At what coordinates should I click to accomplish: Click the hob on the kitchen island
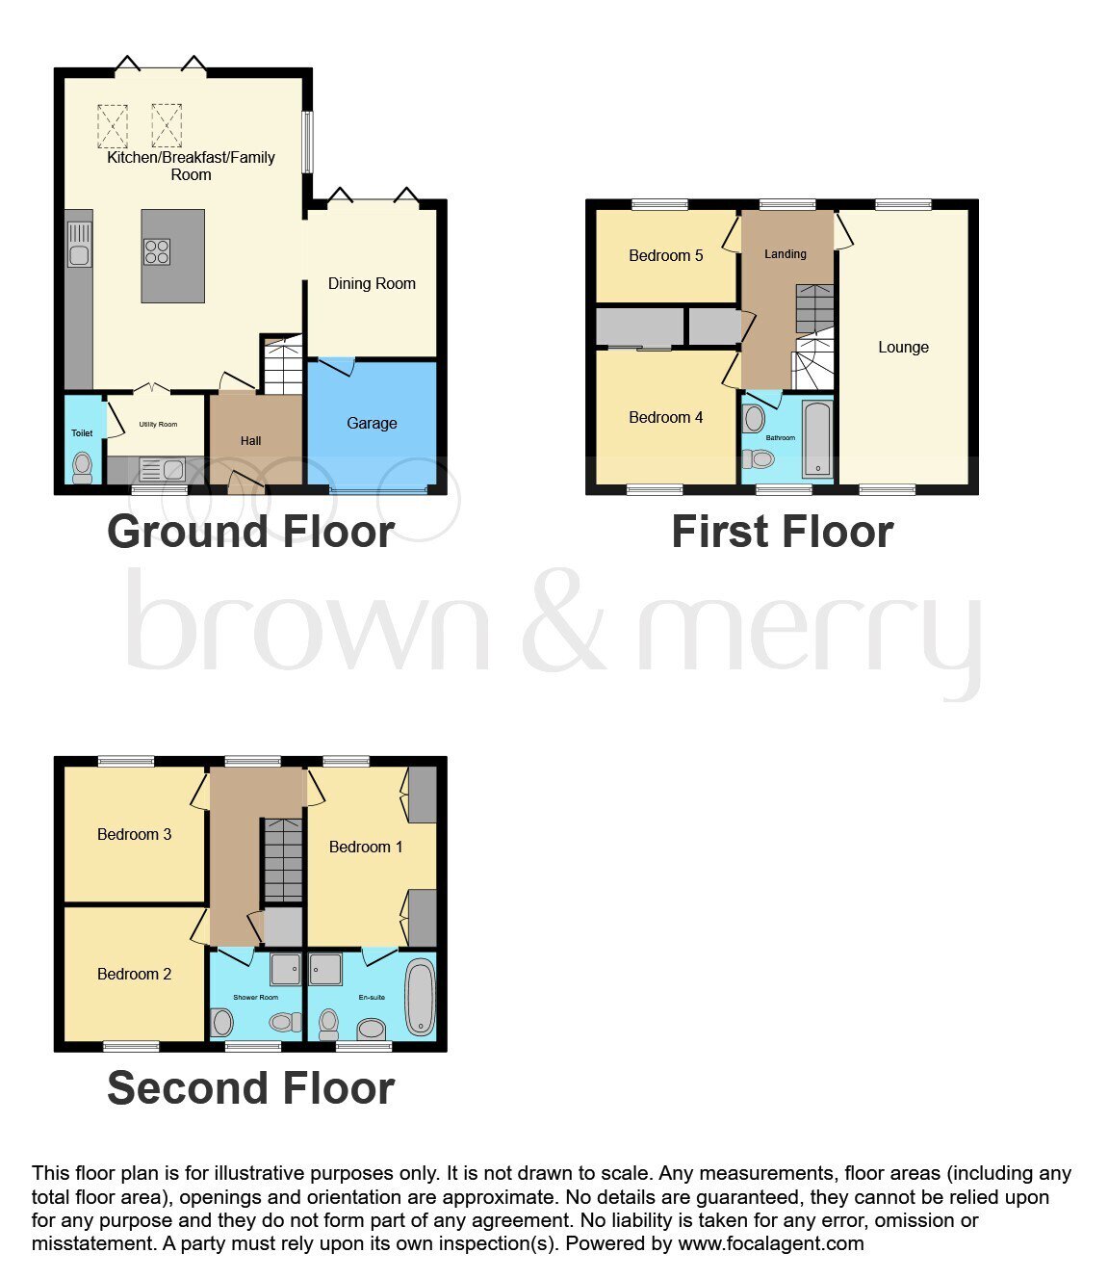157,252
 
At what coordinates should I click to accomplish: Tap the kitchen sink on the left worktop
79,245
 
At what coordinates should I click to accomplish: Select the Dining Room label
372,284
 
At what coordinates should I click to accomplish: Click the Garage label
372,423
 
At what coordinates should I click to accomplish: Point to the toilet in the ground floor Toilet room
82,468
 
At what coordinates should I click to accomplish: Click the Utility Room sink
162,470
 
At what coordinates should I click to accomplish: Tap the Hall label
250,441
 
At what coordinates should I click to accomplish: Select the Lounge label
903,348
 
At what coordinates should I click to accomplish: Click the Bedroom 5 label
665,255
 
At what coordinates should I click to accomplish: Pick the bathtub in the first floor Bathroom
818,439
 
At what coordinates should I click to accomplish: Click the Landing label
786,254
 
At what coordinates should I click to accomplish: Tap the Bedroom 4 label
665,418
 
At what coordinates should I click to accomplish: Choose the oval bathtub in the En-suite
421,997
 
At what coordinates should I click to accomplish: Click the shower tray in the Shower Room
285,969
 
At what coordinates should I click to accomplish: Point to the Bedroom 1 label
366,848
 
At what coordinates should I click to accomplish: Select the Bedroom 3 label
134,835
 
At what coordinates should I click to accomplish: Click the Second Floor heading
250,1105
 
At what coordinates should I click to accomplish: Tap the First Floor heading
783,533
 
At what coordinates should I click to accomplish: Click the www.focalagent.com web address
771,1243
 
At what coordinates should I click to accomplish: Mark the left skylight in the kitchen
113,126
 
